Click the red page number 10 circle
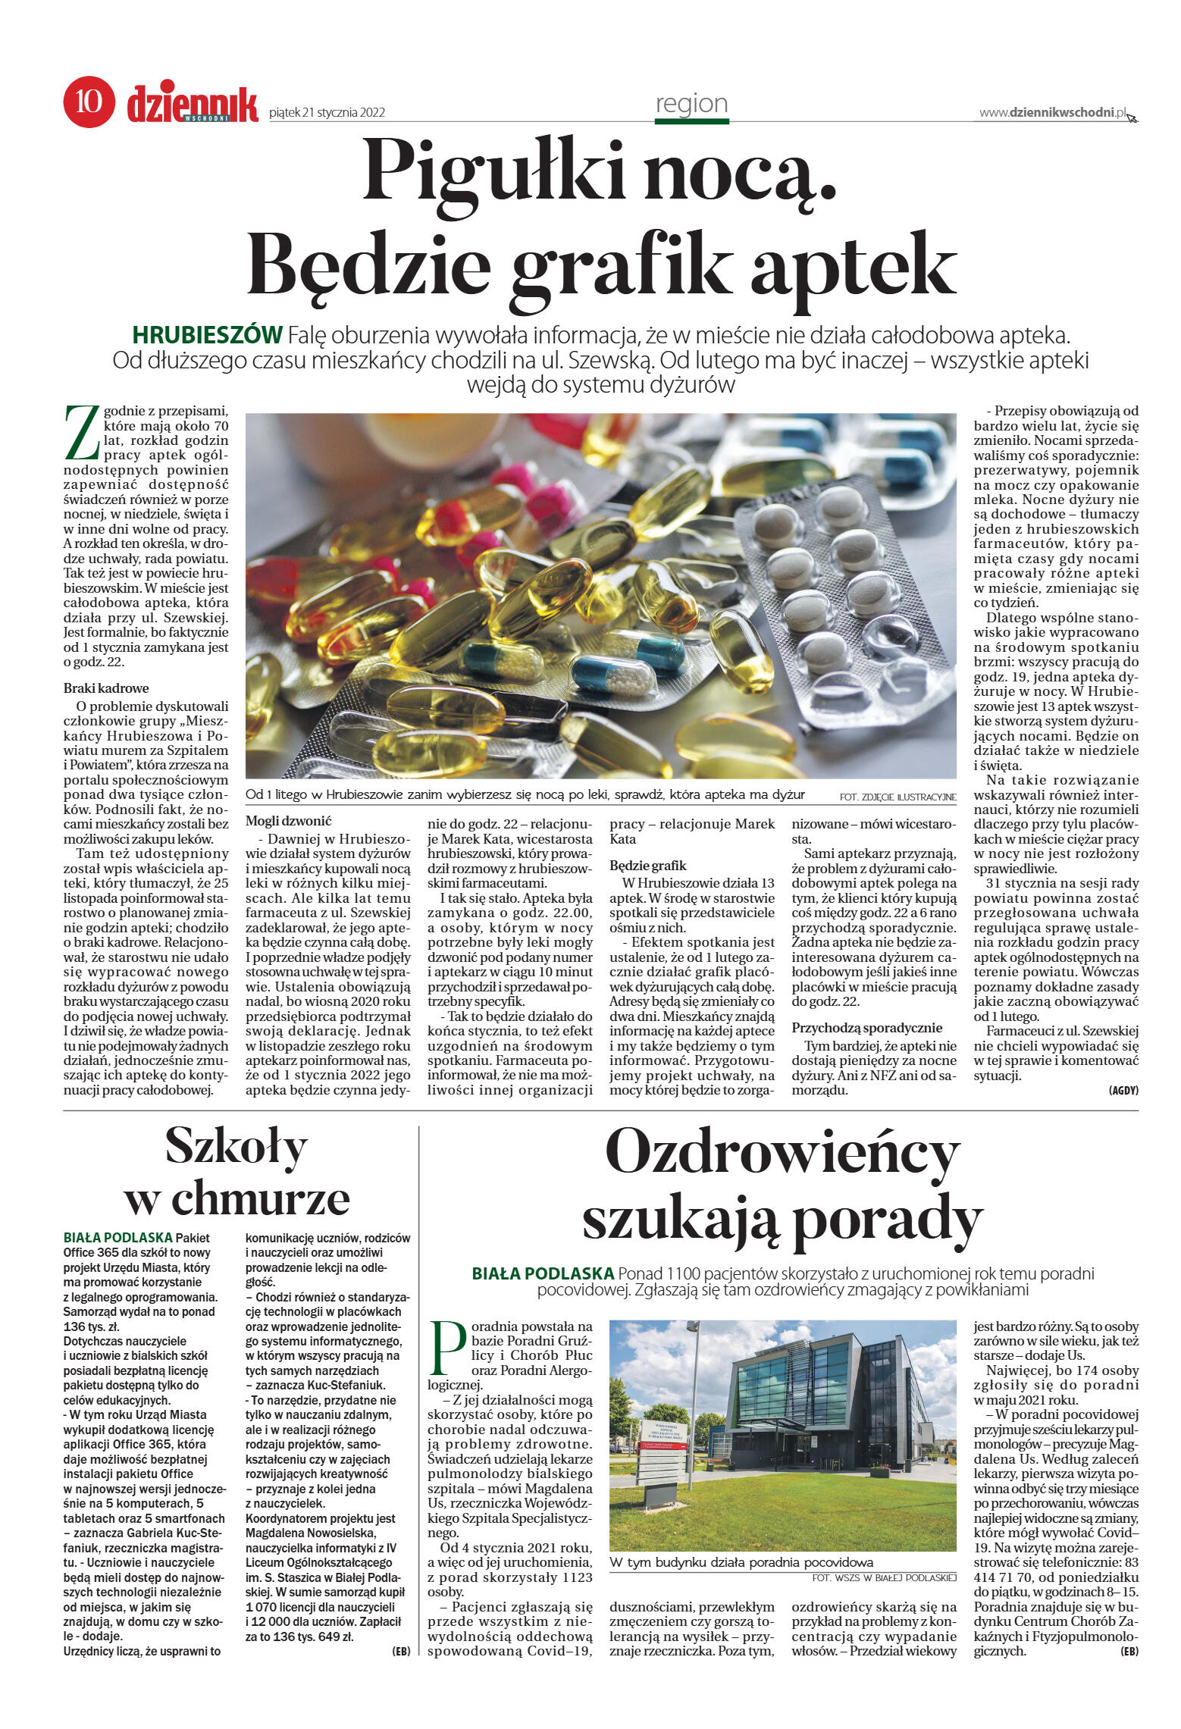[x=89, y=101]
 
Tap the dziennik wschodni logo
[x=193, y=105]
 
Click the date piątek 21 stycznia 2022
[x=327, y=113]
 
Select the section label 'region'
[x=691, y=103]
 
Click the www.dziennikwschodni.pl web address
[x=1052, y=112]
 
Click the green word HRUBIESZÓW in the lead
[x=207, y=334]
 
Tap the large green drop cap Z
[x=81, y=433]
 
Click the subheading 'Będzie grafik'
[x=647, y=865]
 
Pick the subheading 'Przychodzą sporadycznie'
[x=866, y=1028]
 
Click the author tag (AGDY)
[x=1123, y=1090]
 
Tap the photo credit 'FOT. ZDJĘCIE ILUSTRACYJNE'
[x=897, y=797]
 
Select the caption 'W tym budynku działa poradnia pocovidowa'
[x=741, y=1562]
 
